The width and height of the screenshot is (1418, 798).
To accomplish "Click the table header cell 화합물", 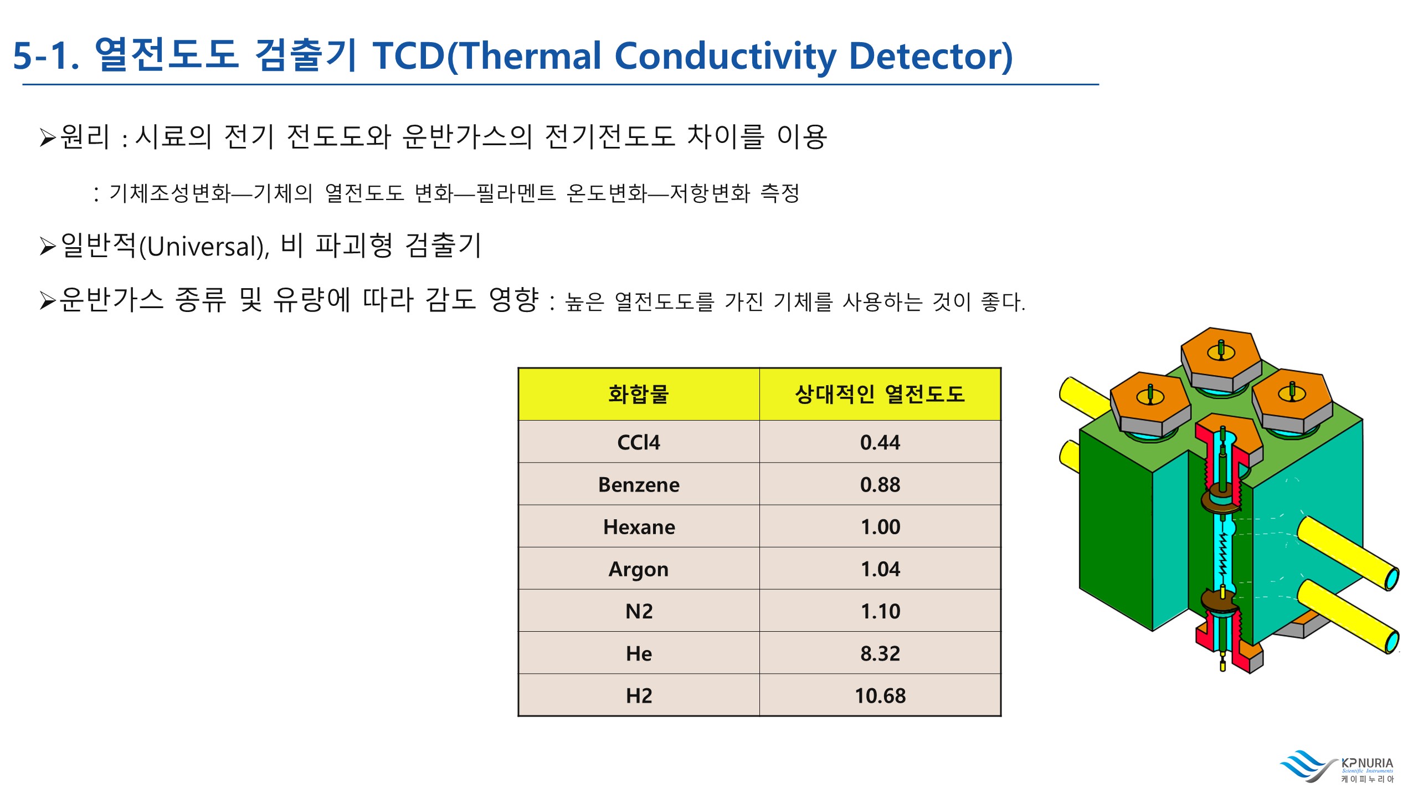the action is pyautogui.click(x=639, y=394).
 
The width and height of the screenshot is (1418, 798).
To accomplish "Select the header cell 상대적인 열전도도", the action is pyautogui.click(x=880, y=394).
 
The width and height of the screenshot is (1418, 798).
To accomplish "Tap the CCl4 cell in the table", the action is pyautogui.click(x=639, y=442).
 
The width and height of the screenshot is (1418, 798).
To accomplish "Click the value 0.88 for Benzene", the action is pyautogui.click(x=880, y=484).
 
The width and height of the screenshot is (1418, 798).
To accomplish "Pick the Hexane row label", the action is pyautogui.click(x=639, y=526).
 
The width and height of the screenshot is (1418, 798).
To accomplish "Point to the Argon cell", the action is pyautogui.click(x=639, y=569).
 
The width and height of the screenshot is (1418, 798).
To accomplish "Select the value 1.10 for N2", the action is pyautogui.click(x=880, y=611).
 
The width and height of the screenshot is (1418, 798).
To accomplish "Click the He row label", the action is pyautogui.click(x=639, y=653).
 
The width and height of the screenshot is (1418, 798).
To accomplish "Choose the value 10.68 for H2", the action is pyautogui.click(x=880, y=695).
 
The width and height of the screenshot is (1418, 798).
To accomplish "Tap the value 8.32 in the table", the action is pyautogui.click(x=880, y=653).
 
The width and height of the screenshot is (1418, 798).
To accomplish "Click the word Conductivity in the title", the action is pyautogui.click(x=725, y=57).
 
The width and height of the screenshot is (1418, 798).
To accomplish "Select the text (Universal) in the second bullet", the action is pyautogui.click(x=203, y=247).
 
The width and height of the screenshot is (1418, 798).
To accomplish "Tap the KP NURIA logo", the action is pyautogui.click(x=1337, y=767).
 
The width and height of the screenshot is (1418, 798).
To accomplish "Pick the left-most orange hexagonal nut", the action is pyautogui.click(x=1150, y=403).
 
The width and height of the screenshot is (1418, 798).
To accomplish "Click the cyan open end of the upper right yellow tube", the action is pyautogui.click(x=1392, y=579).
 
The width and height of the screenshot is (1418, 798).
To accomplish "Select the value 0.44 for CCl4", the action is pyautogui.click(x=880, y=442).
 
